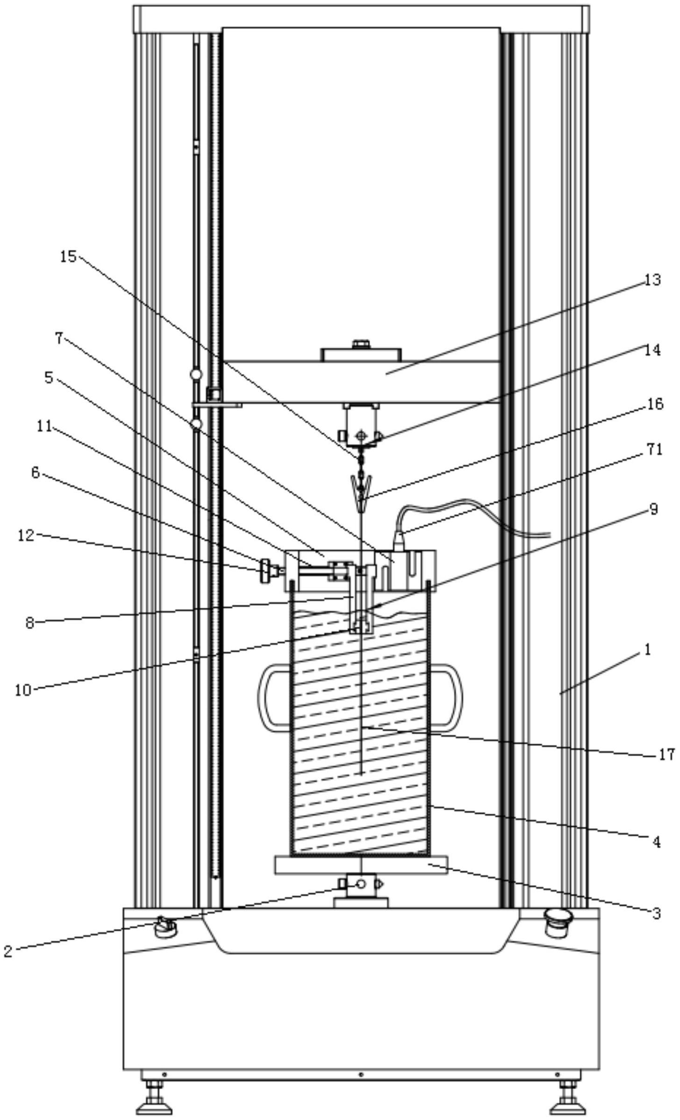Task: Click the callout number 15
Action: (68, 256)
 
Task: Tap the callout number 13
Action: (652, 280)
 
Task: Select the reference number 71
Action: (654, 449)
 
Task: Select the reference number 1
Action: (647, 650)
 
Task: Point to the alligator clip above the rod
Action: (360, 487)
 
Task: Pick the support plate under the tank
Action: (361, 865)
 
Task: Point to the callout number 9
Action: (653, 509)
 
